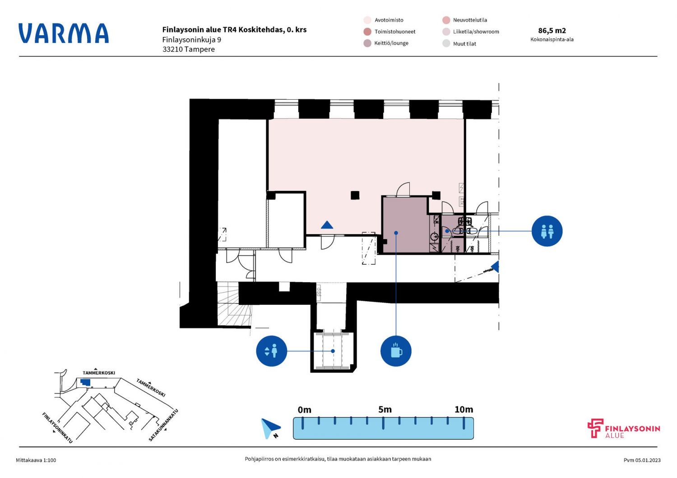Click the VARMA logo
(64, 33)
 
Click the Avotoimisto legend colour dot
(367, 20)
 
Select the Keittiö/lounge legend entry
(391, 43)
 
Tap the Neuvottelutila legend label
(470, 20)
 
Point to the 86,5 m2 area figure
(552, 31)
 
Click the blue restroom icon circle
(547, 231)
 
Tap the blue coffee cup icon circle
(396, 351)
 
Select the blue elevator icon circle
(271, 351)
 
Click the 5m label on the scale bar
(385, 409)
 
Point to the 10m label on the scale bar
(464, 409)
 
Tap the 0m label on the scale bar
(305, 409)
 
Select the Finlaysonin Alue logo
(624, 429)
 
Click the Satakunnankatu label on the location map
(163, 425)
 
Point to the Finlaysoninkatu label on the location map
(57, 427)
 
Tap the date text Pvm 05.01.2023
(642, 460)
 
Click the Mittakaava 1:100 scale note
(36, 460)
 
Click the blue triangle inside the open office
(327, 225)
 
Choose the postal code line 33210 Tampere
(189, 49)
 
